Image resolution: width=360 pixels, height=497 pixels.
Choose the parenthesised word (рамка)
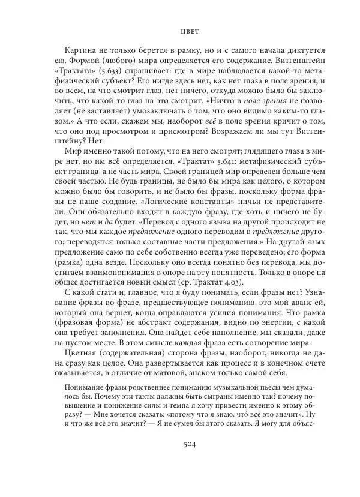click(x=69, y=255)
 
